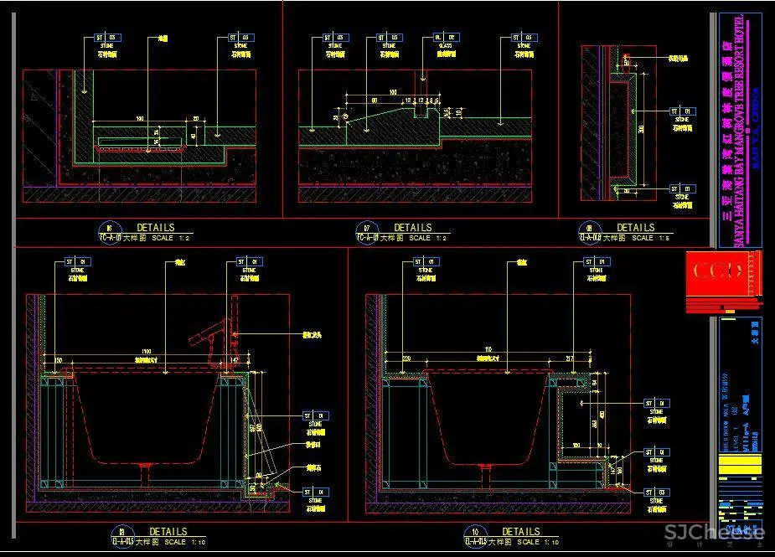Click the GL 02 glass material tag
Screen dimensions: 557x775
445,38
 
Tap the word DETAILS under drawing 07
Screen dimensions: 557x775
413,227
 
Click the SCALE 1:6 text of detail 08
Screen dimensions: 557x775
643,238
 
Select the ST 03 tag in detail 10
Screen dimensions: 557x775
657,493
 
